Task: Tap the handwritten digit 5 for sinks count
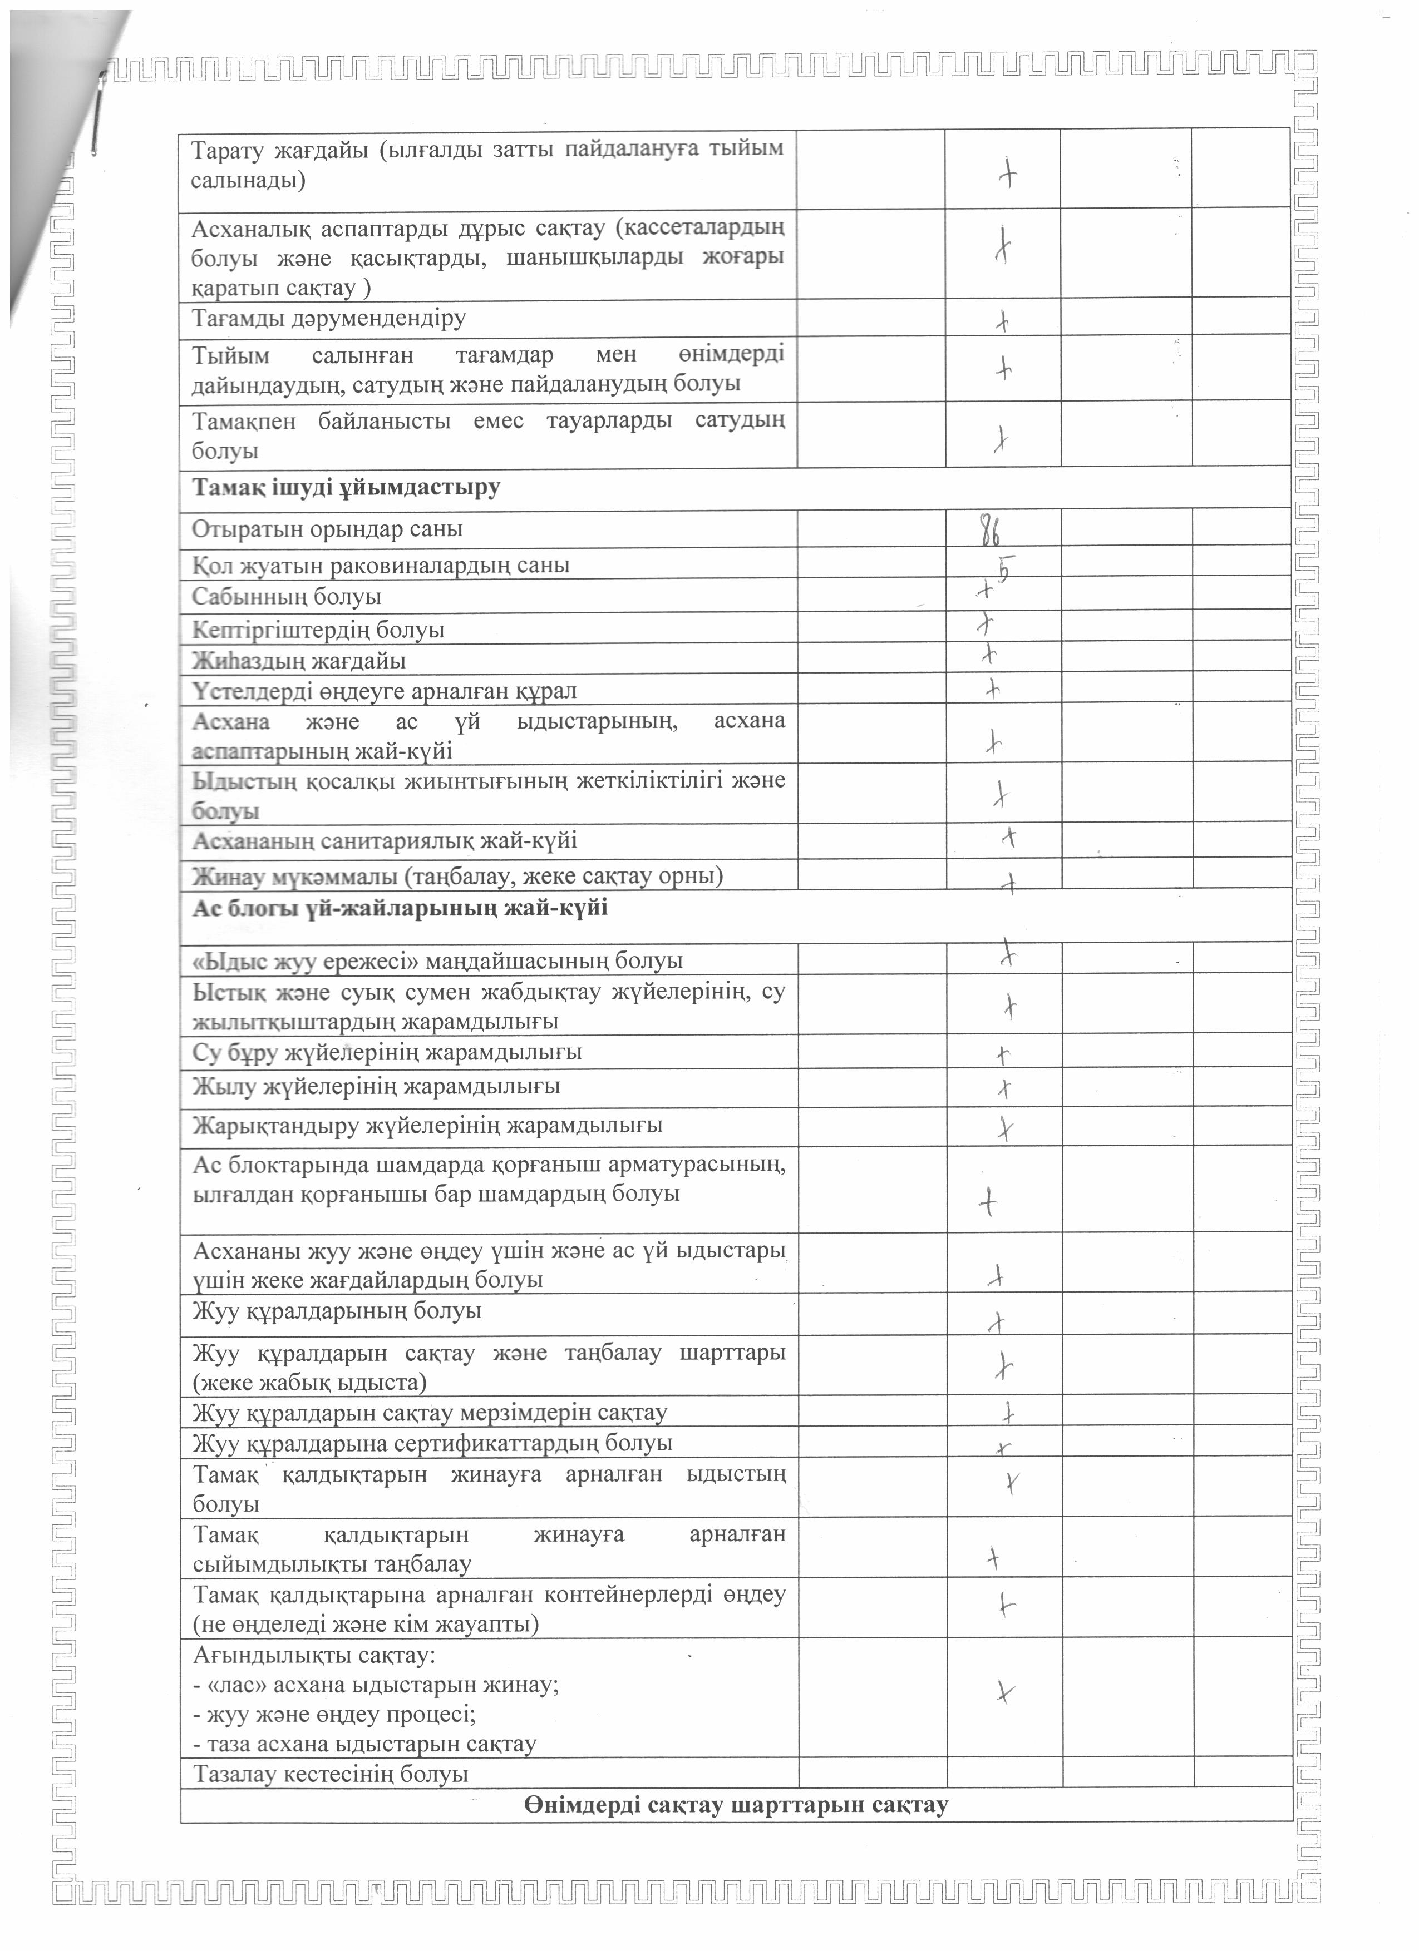1001,570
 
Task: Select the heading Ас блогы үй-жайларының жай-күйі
400,908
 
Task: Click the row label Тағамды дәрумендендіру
329,318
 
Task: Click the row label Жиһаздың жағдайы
299,661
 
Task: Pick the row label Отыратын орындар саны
327,529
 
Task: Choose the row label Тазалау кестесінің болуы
331,1774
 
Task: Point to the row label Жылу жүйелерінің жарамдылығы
376,1087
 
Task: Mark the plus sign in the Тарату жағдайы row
1007,176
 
